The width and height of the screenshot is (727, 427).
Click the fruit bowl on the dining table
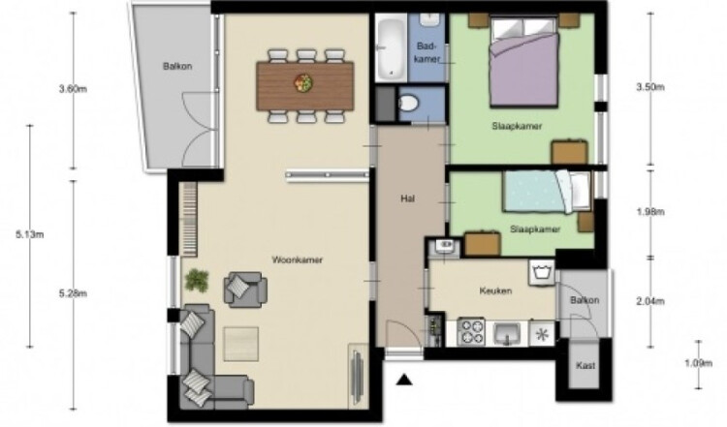(303, 83)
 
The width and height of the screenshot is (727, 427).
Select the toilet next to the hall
(407, 104)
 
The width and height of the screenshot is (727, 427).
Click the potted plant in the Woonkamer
(197, 280)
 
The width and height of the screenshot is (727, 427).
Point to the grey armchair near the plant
(245, 290)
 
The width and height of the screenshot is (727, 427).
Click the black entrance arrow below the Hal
(405, 380)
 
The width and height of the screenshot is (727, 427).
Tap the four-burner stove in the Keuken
(470, 331)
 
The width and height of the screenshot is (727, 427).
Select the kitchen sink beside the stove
(507, 333)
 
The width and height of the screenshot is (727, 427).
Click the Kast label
(585, 365)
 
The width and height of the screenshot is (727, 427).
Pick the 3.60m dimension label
(73, 89)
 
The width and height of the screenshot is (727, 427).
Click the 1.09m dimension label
(699, 363)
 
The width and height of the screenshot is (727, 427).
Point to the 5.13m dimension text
(30, 234)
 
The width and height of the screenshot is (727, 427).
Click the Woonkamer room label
(298, 259)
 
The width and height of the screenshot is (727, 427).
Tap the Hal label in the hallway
(407, 198)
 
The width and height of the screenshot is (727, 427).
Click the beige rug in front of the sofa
(241, 344)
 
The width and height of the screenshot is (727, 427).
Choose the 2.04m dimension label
(650, 301)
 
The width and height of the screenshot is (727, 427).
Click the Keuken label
(495, 290)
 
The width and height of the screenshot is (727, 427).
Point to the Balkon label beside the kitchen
(585, 300)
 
